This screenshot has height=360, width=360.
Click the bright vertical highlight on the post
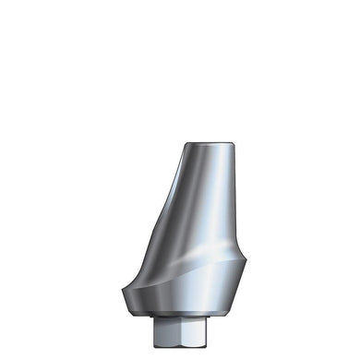click(210, 203)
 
